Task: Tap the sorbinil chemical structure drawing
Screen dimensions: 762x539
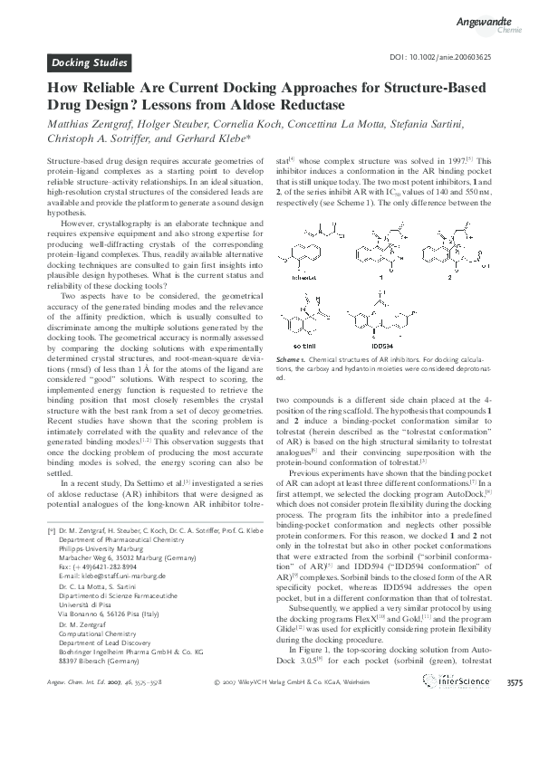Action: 314,317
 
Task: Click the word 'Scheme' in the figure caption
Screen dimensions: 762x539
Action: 290,361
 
